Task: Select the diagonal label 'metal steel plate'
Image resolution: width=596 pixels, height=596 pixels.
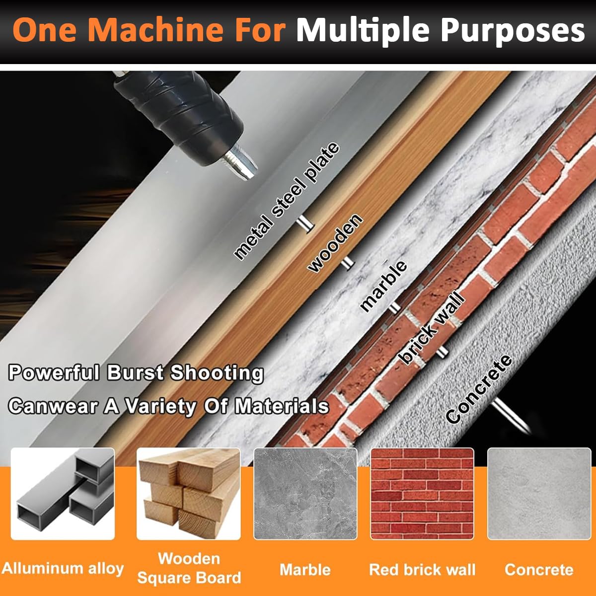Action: (x=287, y=201)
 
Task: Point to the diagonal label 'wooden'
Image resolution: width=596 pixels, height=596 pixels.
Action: (x=335, y=243)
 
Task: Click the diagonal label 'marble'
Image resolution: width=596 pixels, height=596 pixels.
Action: (x=383, y=286)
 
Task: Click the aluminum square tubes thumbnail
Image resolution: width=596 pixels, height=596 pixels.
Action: (x=63, y=494)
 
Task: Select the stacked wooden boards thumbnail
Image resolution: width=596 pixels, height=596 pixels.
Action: (x=189, y=494)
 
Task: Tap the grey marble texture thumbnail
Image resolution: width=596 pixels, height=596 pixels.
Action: (x=305, y=494)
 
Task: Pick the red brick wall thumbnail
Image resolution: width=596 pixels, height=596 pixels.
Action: (x=422, y=494)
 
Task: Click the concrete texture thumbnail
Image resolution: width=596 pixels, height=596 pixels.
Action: (x=539, y=494)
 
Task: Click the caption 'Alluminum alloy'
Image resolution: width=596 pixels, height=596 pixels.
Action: (x=63, y=568)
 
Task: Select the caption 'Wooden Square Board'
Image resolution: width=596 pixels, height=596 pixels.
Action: (x=189, y=568)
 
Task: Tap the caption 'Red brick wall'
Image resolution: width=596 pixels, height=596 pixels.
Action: (x=422, y=570)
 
